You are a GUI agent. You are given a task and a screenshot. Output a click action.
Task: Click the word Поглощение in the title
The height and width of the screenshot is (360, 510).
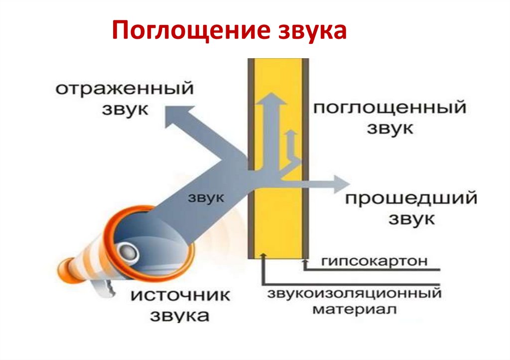point(188,30)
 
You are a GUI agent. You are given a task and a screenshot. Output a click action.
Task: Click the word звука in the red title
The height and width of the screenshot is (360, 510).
point(308,30)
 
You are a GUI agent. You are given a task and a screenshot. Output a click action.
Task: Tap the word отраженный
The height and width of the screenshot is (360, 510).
point(124,90)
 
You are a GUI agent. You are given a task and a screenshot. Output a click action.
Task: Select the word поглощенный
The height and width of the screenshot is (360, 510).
point(389,108)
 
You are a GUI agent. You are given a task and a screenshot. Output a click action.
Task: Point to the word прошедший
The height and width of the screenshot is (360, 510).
point(411,199)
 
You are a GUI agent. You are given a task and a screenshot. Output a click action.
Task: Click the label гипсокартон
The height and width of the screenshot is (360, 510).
point(375,261)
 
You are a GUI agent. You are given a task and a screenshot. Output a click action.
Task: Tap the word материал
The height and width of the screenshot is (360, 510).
point(355,309)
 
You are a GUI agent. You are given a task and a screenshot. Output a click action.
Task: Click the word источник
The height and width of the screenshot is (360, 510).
point(180,295)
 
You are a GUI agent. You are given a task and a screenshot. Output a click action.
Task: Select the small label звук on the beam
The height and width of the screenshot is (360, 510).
point(207,197)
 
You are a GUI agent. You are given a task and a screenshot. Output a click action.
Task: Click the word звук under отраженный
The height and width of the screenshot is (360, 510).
point(125,109)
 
